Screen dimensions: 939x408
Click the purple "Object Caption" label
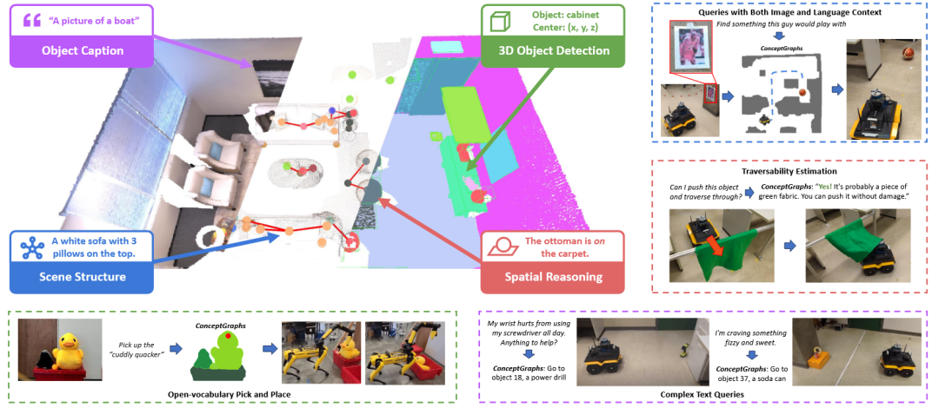coord(82,51)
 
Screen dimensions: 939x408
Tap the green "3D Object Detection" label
coord(554,51)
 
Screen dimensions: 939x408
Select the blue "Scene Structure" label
coord(82,276)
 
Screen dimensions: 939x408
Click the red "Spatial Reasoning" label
coord(553,276)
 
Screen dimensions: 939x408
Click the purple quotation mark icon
coord(32,20)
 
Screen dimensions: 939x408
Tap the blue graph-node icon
coord(30,247)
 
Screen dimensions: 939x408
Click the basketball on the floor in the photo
coord(910,53)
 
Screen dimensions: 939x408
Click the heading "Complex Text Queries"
coord(702,395)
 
